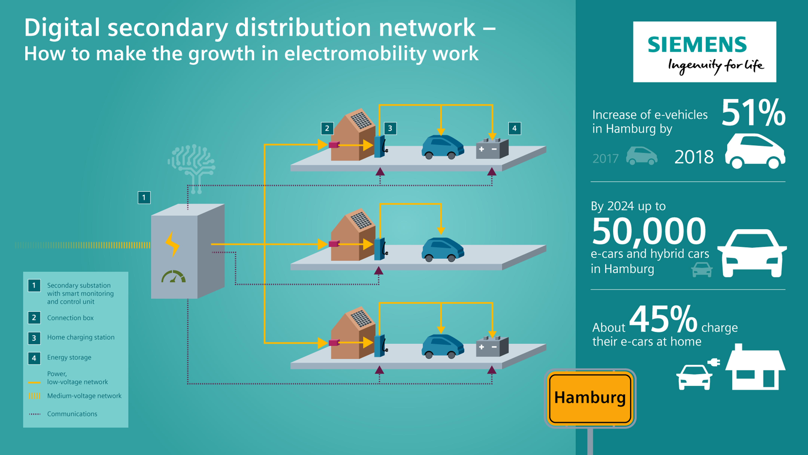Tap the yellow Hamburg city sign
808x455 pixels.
point(590,398)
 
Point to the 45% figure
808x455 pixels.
point(663,320)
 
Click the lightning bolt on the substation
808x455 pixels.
point(172,244)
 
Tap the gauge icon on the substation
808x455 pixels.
point(173,277)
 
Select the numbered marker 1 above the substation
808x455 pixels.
point(144,198)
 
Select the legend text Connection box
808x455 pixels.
point(70,318)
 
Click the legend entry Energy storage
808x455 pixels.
point(69,357)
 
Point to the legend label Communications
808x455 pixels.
point(72,414)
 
